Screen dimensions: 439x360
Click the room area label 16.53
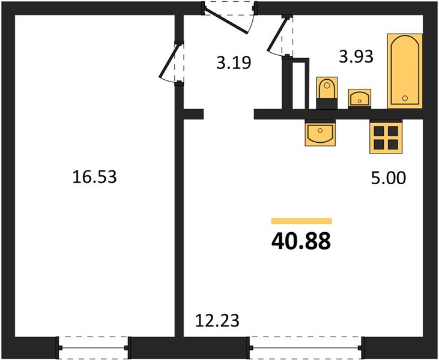click(x=95, y=177)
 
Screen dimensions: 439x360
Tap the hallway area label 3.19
click(x=234, y=62)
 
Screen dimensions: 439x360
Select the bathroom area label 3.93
click(x=356, y=56)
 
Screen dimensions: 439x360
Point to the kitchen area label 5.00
click(x=389, y=178)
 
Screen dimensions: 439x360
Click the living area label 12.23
click(x=217, y=320)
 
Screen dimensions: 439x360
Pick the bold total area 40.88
click(x=301, y=241)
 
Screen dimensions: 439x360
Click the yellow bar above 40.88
click(x=301, y=221)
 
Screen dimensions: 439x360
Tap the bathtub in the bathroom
click(x=405, y=71)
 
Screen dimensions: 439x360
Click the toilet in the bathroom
click(x=327, y=93)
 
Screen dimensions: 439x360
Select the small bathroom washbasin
click(x=360, y=98)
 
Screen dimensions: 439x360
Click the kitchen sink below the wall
click(x=320, y=133)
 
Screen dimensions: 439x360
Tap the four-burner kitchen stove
click(x=386, y=137)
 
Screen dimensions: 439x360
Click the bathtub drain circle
click(x=405, y=98)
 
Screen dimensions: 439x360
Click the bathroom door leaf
click(x=277, y=35)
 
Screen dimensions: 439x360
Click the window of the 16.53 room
click(x=93, y=347)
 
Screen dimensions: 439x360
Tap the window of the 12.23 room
click(x=306, y=347)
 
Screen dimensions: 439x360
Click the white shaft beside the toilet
click(x=298, y=86)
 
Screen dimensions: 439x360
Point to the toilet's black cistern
click(x=327, y=104)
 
